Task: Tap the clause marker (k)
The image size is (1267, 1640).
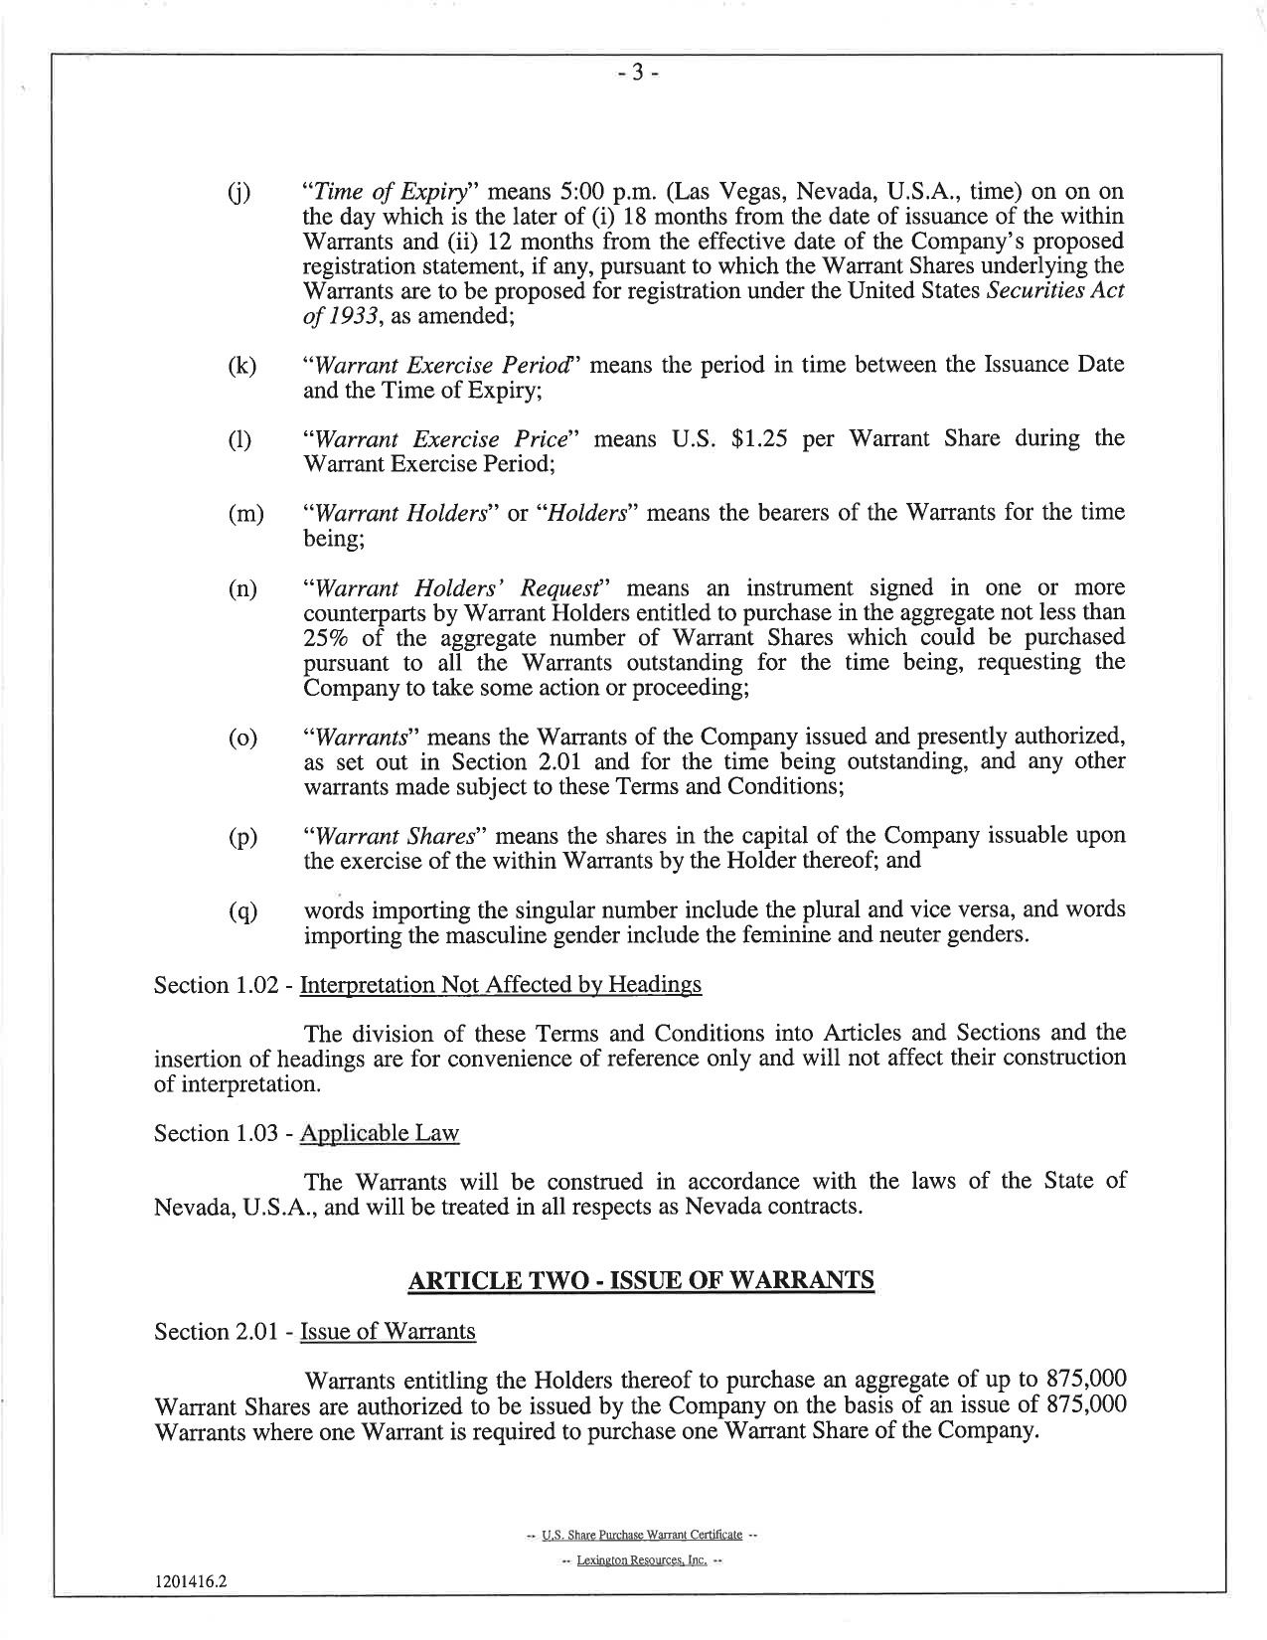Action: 240,366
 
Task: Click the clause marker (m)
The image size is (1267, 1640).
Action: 244,514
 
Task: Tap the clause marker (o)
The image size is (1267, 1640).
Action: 241,738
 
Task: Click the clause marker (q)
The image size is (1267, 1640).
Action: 241,911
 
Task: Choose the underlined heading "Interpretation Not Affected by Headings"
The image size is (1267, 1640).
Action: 500,985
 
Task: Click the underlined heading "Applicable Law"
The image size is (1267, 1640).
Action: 379,1133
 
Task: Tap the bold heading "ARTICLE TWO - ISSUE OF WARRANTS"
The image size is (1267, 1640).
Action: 641,1280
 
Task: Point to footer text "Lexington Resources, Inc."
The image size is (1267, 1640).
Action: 641,1560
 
